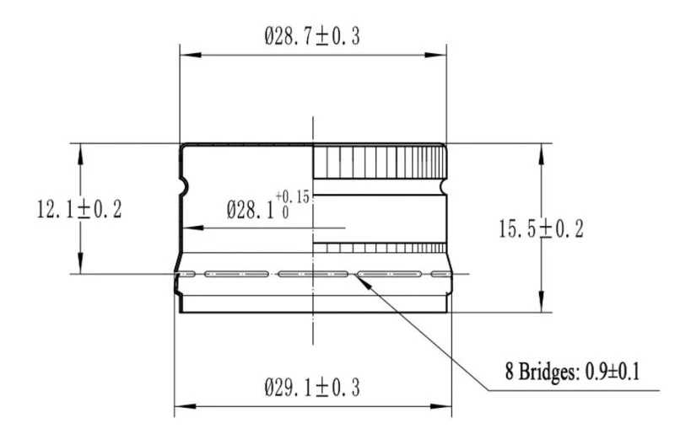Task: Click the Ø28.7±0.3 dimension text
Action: [x=312, y=36]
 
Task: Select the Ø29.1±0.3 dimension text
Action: [x=312, y=388]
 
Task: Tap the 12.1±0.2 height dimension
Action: [x=79, y=210]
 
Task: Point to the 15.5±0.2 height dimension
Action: [x=541, y=228]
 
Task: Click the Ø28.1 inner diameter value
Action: [x=251, y=210]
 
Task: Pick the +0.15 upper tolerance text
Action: [x=293, y=197]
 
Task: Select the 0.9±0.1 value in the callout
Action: [x=613, y=372]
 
